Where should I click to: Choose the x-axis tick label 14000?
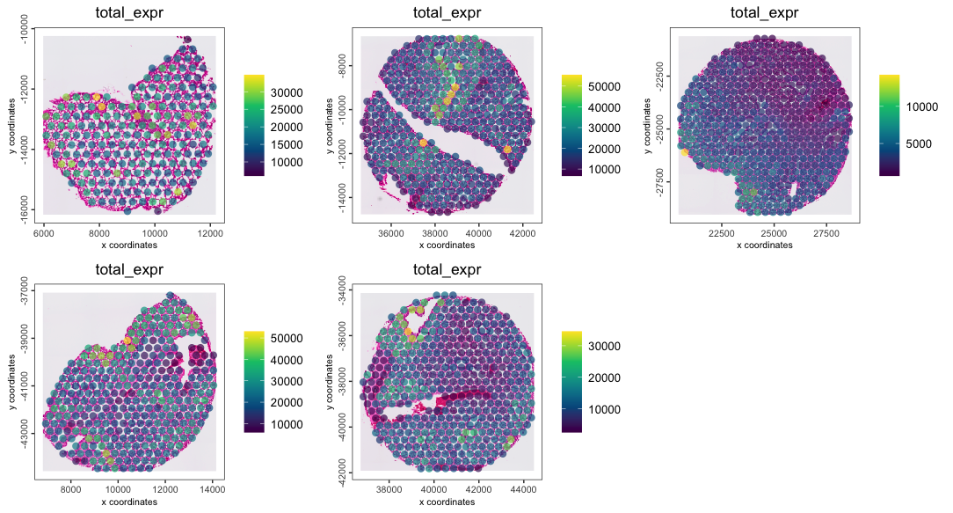click(x=214, y=491)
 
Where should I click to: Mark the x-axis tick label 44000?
click(x=522, y=491)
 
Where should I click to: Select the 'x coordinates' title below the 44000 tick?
click(x=447, y=502)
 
